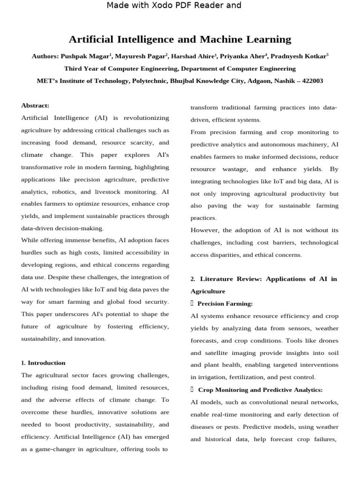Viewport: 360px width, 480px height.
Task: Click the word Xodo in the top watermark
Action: pyautogui.click(x=158, y=6)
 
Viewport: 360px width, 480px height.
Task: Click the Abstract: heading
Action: pyautogui.click(x=35, y=105)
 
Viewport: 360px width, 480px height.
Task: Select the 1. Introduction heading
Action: pyautogui.click(x=44, y=363)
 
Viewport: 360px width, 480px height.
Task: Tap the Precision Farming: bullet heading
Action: pyautogui.click(x=225, y=304)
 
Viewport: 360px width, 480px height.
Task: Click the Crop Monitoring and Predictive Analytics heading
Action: pyautogui.click(x=260, y=390)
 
